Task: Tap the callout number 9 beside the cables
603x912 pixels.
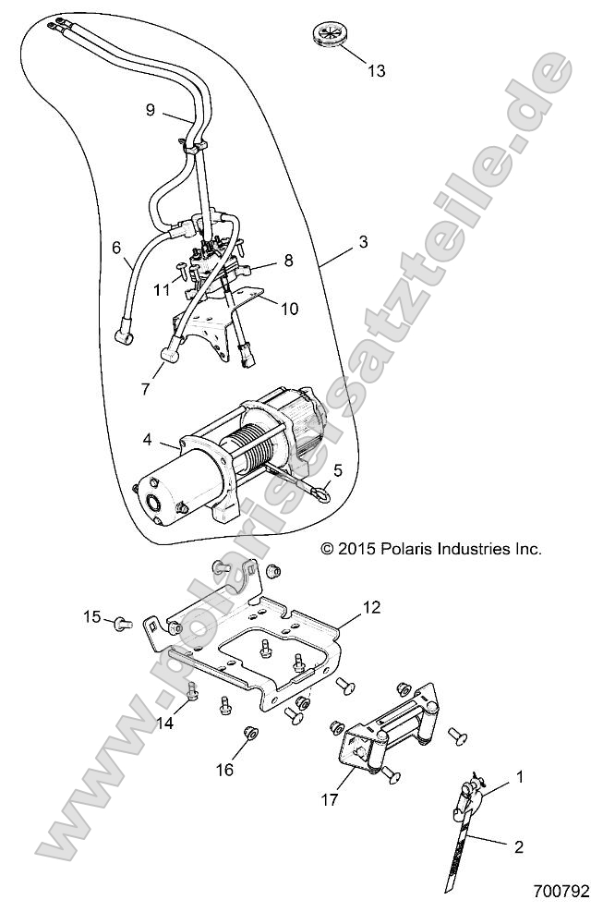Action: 150,110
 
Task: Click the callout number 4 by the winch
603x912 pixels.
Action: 149,442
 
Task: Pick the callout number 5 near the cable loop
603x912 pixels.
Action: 338,470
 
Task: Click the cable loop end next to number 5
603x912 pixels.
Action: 320,493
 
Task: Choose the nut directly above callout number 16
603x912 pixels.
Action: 248,735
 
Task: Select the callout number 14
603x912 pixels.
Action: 164,724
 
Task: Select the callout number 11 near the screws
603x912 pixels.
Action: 163,288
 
